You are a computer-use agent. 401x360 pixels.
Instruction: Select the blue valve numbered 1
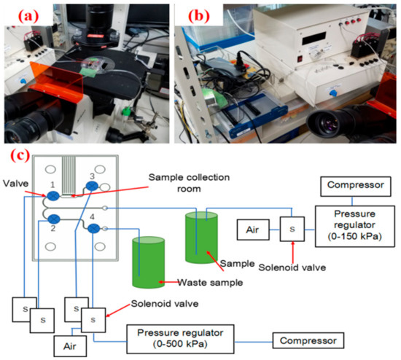[x=55, y=196]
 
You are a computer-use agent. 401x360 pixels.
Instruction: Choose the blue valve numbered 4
[x=95, y=230]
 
